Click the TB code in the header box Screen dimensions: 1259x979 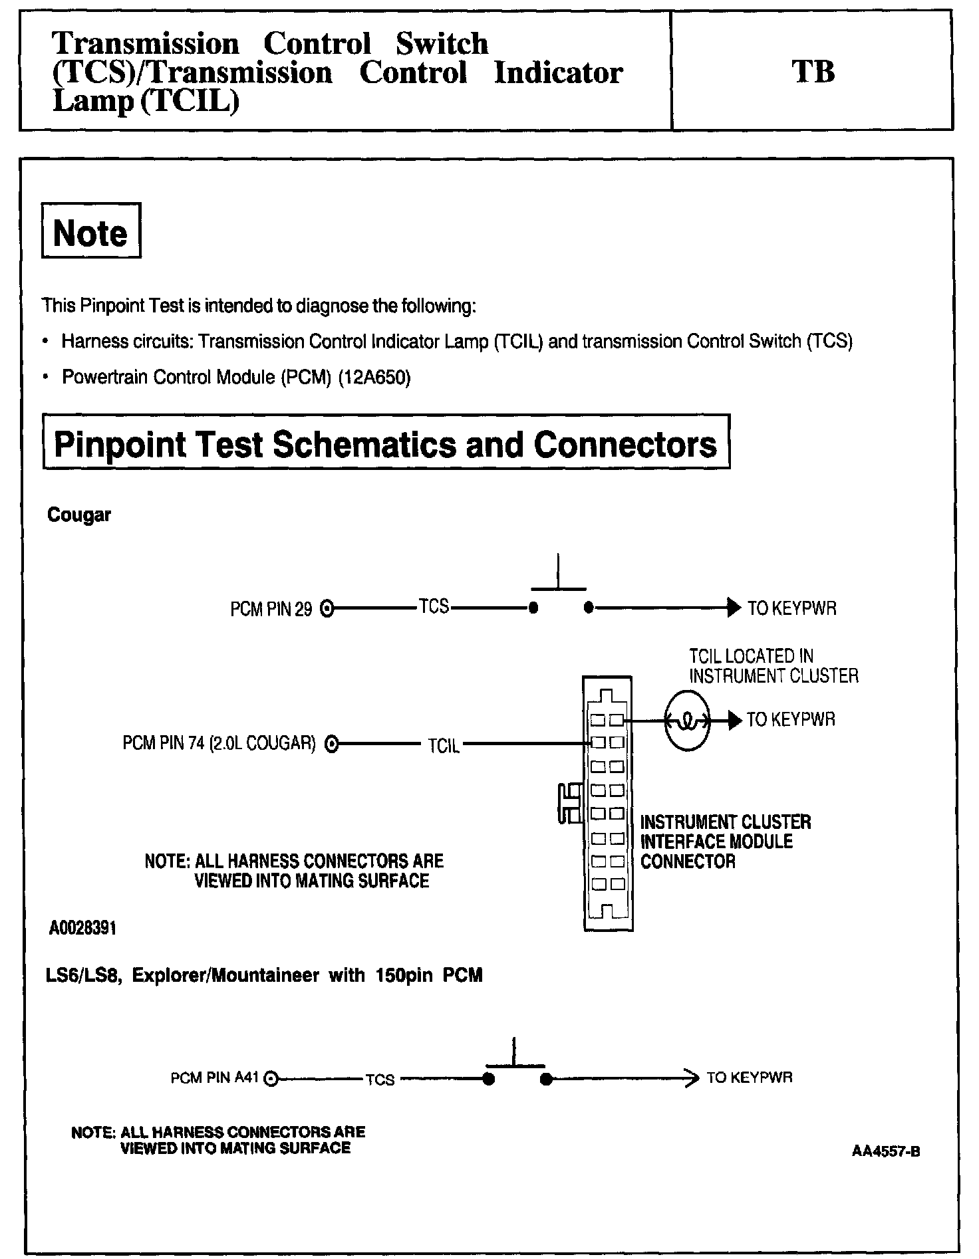click(x=813, y=72)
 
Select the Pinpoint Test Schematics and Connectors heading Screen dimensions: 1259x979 click(x=386, y=443)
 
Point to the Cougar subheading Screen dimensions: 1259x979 click(x=79, y=515)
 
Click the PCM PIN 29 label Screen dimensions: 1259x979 click(x=271, y=610)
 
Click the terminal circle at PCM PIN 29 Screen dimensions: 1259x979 click(x=327, y=608)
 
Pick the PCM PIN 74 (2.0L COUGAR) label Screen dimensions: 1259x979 click(x=219, y=743)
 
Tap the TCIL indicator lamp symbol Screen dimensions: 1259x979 click(x=687, y=721)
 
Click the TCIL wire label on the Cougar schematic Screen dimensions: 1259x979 click(x=444, y=746)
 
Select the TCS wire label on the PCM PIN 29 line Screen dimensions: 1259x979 click(x=434, y=606)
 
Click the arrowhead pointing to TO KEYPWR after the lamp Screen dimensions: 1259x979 click(x=734, y=720)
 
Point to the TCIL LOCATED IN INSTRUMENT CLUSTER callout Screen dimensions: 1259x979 click(x=773, y=666)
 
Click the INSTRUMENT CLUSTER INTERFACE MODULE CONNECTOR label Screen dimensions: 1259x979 click(x=725, y=842)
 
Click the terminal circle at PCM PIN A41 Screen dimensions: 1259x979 click(x=270, y=1079)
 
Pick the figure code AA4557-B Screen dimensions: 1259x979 click(x=886, y=1151)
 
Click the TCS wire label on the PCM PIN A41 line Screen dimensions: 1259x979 click(x=380, y=1080)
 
